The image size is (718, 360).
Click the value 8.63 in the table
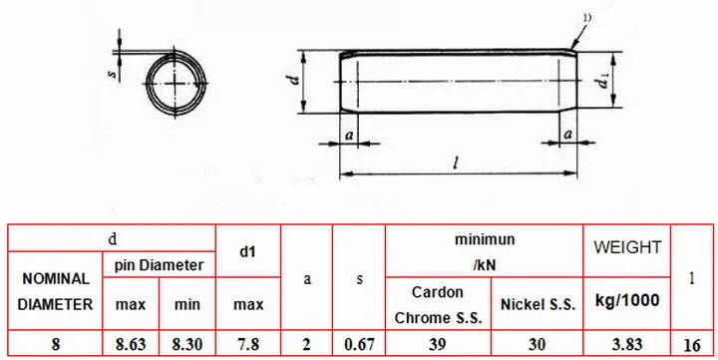click(131, 344)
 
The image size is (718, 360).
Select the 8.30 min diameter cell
click(187, 344)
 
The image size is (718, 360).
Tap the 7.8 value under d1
click(248, 344)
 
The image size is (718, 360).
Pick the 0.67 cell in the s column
click(359, 344)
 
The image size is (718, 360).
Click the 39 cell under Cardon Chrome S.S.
click(438, 344)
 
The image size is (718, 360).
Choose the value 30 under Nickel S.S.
click(537, 344)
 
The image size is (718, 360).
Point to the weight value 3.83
click(627, 344)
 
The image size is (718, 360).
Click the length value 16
click(692, 345)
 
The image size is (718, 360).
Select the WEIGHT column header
click(627, 247)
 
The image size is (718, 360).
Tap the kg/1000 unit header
click(627, 300)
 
